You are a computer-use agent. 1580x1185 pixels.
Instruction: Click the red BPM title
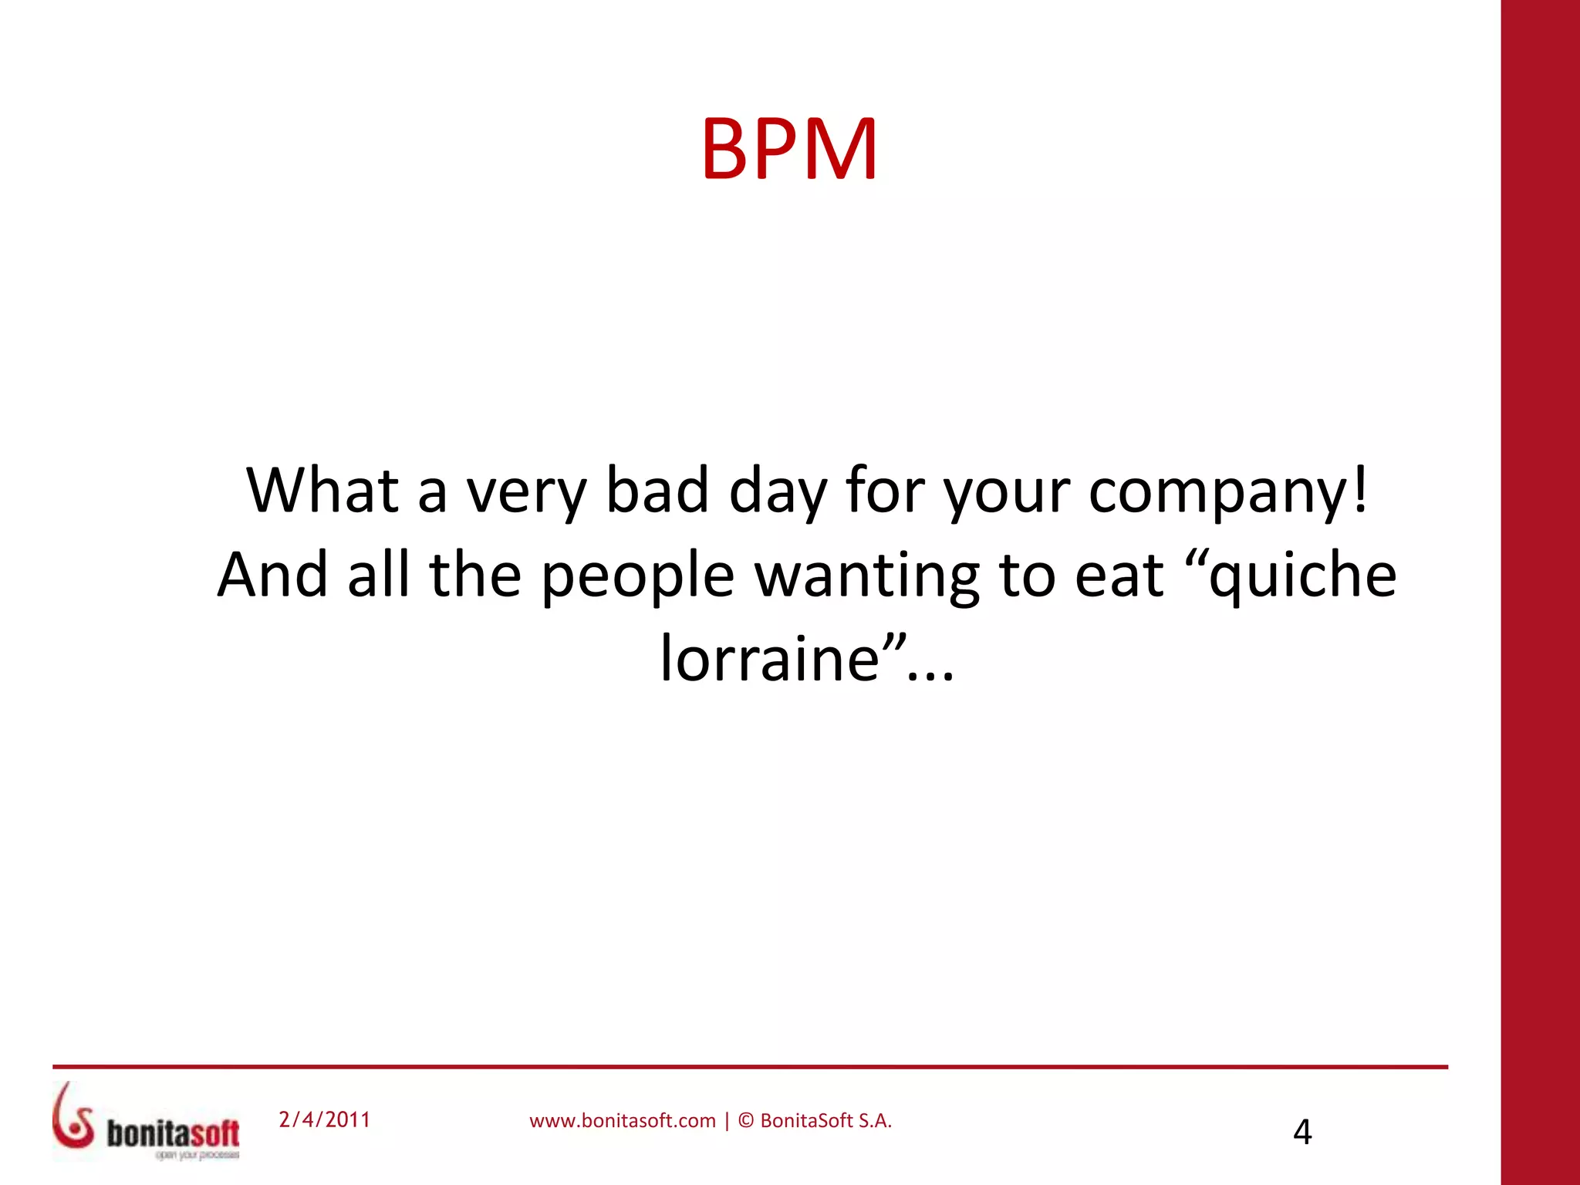789,149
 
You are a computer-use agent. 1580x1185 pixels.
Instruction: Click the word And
273,575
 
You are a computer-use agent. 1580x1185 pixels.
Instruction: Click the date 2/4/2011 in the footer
325,1119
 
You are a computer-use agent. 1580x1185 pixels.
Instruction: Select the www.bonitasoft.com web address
623,1121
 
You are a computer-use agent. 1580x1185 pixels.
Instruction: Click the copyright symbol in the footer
746,1120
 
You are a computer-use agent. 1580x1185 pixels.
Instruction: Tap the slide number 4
1302,1132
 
